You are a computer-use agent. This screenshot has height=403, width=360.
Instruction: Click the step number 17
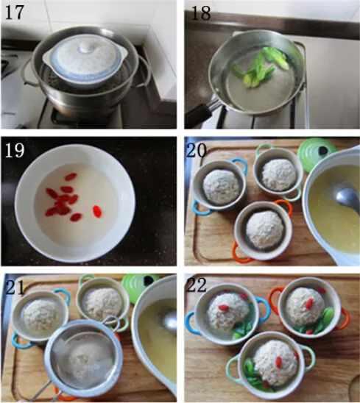[x=15, y=13]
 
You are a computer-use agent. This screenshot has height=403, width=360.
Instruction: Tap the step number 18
[x=201, y=13]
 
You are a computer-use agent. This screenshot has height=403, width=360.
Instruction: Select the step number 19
[x=15, y=150]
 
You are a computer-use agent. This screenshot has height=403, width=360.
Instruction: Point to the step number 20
[x=197, y=150]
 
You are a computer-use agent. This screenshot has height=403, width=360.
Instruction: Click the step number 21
[x=15, y=288]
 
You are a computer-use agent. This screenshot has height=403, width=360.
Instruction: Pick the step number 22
[x=197, y=285]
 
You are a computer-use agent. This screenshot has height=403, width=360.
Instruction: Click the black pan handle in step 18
[x=198, y=115]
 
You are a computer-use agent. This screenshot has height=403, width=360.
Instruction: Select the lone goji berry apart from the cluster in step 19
[x=97, y=211]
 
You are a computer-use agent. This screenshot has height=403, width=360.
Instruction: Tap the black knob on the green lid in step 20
[x=323, y=151]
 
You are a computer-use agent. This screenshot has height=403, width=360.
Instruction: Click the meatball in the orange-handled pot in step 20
[x=265, y=229]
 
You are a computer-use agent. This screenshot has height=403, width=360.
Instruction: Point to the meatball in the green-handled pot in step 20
[x=279, y=174]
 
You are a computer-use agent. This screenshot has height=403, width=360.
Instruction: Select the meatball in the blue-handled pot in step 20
[x=222, y=186]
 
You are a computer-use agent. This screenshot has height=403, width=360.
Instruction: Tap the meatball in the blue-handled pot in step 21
[x=41, y=315]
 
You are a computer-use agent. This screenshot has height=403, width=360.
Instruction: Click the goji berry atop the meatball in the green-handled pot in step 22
[x=278, y=362]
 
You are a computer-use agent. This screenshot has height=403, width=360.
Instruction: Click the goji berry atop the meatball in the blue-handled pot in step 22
[x=224, y=307]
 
